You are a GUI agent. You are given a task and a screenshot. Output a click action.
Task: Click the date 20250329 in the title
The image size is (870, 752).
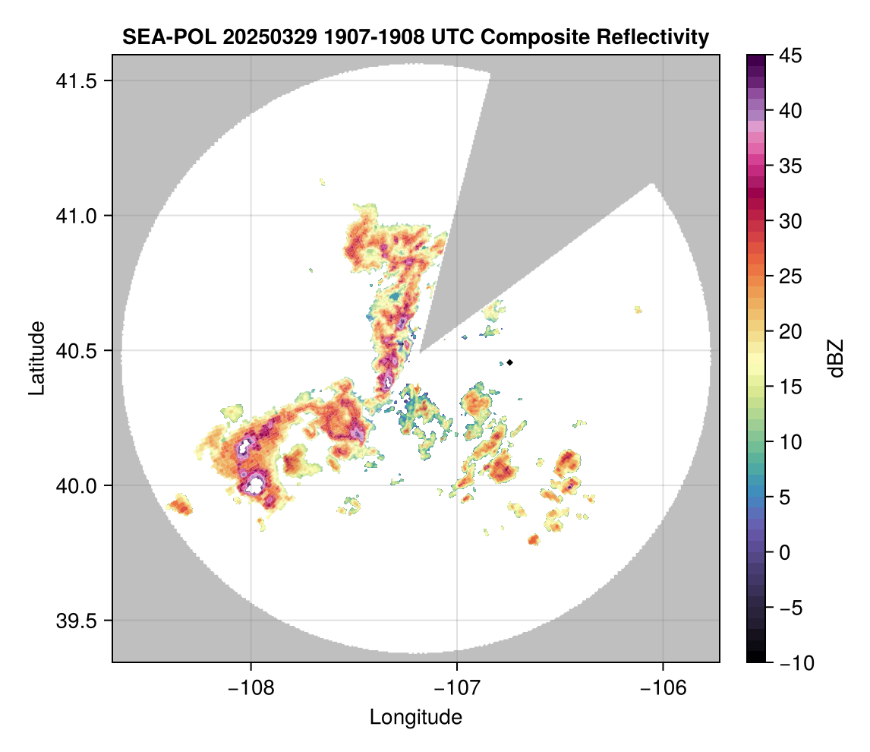coord(242,36)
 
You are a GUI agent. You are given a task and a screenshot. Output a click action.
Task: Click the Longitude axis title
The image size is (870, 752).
coord(415,717)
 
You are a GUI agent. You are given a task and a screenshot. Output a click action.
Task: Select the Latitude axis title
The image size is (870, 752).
coord(36,358)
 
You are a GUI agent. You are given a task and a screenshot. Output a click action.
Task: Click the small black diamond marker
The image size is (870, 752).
coord(510,362)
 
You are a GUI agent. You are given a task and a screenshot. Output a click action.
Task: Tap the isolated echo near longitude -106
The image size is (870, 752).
coord(638,309)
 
